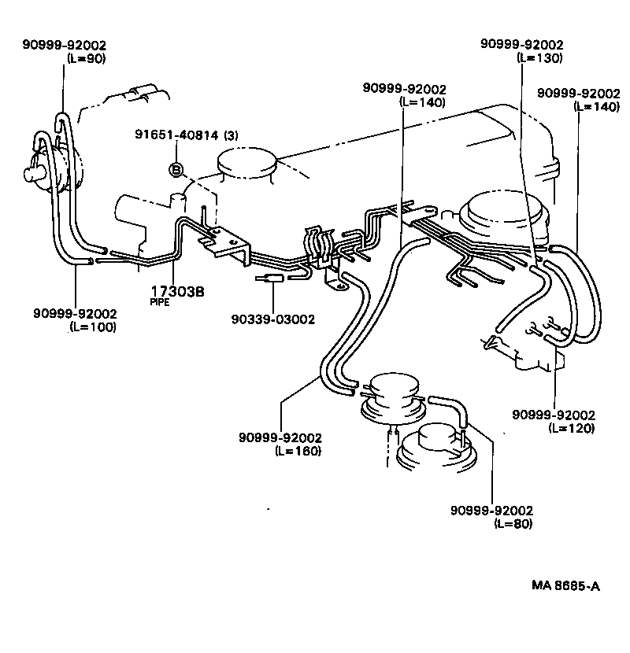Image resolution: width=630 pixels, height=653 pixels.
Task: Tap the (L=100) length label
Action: (x=93, y=326)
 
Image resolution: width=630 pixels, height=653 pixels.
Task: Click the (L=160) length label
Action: (x=298, y=451)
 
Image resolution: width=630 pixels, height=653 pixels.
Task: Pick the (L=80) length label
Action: (x=513, y=523)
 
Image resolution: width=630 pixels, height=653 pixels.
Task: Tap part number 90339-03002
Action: (x=273, y=319)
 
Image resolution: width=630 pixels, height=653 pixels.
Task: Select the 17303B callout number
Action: (x=177, y=292)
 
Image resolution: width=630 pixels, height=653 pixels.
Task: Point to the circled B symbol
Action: (x=176, y=169)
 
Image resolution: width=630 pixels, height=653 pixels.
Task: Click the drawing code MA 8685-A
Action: (x=565, y=585)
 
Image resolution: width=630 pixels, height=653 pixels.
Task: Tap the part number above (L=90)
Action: (x=64, y=45)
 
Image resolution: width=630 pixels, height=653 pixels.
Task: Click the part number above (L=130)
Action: (x=522, y=45)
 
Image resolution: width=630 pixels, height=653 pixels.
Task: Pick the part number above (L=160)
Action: (x=281, y=437)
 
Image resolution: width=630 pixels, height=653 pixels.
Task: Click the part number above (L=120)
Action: (x=554, y=415)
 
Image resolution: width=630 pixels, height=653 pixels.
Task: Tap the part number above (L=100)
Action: (x=75, y=313)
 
